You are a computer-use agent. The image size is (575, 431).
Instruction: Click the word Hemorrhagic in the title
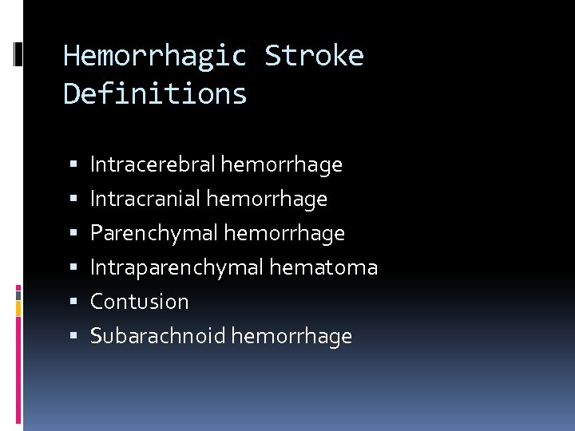coord(155,57)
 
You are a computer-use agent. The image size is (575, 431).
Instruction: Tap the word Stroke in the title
coord(314,57)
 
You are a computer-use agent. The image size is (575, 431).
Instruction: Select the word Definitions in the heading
coord(155,94)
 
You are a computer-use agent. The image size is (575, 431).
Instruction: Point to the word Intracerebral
coord(152,165)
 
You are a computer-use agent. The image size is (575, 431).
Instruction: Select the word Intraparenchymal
coord(176,268)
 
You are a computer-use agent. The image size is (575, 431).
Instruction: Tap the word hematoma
coord(323,268)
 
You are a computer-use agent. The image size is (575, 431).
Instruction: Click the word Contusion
coord(139,302)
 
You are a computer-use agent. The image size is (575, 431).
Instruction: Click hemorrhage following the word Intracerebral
coord(282,165)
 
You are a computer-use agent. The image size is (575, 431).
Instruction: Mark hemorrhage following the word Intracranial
coord(267,199)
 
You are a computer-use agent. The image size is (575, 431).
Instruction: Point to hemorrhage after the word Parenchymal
coord(284,234)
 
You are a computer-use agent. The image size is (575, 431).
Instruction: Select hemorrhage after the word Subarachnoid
coord(291,336)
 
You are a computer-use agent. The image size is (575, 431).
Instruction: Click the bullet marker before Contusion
coord(73,302)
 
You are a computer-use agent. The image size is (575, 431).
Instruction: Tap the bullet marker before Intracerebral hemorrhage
coord(73,165)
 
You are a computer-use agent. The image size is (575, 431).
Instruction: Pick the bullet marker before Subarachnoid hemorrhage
coord(73,336)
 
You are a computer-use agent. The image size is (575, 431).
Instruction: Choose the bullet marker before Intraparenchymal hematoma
coord(73,268)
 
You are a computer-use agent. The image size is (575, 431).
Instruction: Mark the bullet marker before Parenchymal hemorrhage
coord(73,234)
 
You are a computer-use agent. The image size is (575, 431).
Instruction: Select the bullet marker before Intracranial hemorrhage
coord(73,199)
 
